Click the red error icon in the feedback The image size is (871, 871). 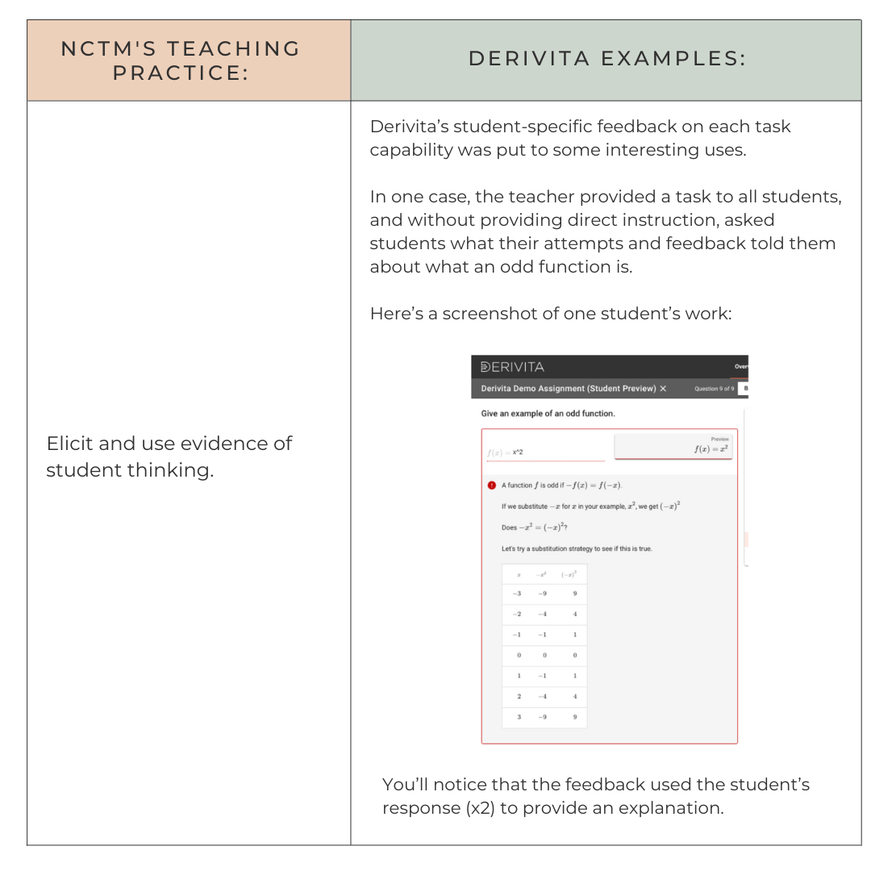tap(490, 486)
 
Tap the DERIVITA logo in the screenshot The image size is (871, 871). tap(512, 367)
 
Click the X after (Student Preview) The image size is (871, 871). tap(663, 389)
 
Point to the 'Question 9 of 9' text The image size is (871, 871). tap(714, 389)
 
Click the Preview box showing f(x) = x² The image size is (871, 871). tap(673, 447)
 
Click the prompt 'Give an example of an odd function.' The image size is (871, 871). tap(548, 414)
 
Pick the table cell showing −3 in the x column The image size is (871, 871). tap(517, 594)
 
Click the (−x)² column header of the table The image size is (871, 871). tap(573, 574)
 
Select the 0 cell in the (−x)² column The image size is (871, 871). tap(574, 655)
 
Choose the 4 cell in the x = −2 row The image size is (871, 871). tap(574, 615)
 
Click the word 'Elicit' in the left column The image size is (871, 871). tap(69, 443)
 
